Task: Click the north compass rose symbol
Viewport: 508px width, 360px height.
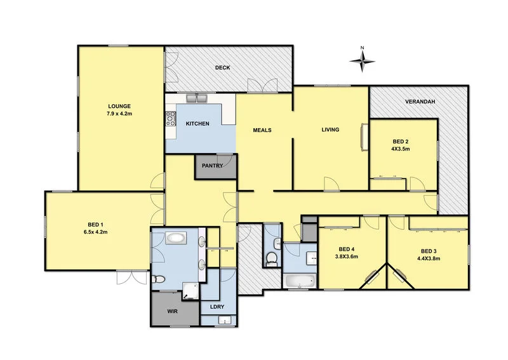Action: click(x=362, y=61)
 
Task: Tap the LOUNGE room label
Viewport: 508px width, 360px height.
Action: click(x=119, y=106)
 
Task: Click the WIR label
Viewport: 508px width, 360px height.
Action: click(x=172, y=312)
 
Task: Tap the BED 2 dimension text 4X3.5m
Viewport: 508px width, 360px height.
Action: click(x=401, y=149)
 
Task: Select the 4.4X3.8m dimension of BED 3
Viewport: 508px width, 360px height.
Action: click(x=429, y=258)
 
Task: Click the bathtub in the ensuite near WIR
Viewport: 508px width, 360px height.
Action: click(x=176, y=239)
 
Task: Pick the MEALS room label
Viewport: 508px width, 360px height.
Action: click(x=262, y=130)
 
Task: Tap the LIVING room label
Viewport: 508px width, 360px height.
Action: click(x=330, y=130)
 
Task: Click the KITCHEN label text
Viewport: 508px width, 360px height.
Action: click(x=197, y=124)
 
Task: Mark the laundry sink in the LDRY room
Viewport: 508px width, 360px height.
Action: click(x=225, y=319)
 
